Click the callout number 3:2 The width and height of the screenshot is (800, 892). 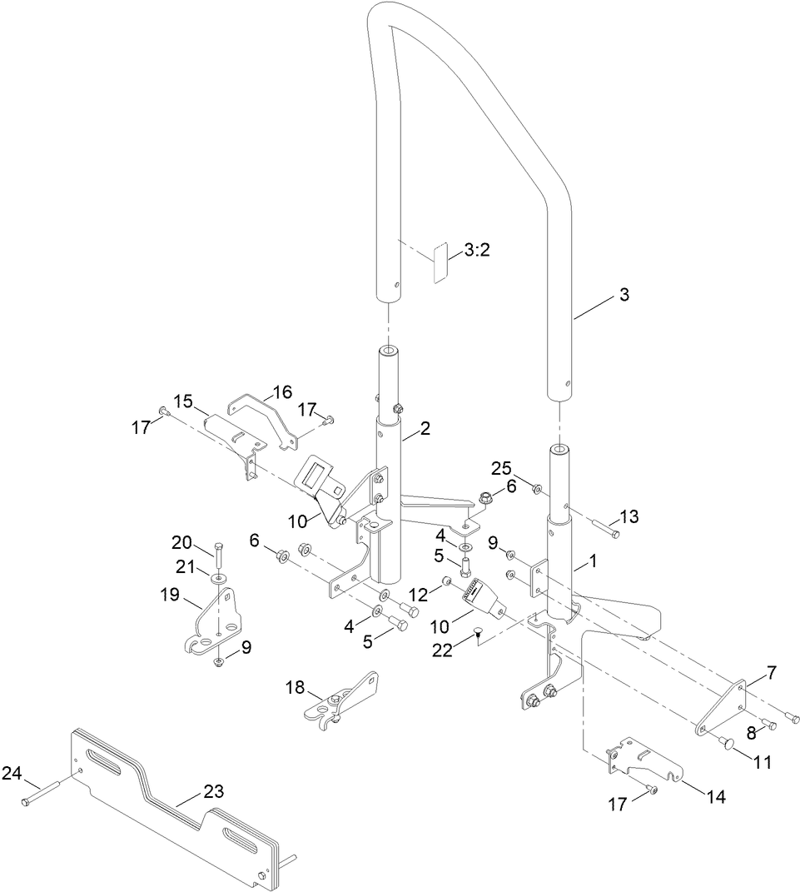point(477,250)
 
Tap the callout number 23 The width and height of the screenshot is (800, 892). point(213,791)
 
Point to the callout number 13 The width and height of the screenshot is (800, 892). point(629,516)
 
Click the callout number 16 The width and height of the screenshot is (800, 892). point(282,391)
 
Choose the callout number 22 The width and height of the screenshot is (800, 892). point(442,650)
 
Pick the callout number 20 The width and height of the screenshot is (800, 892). point(181,543)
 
